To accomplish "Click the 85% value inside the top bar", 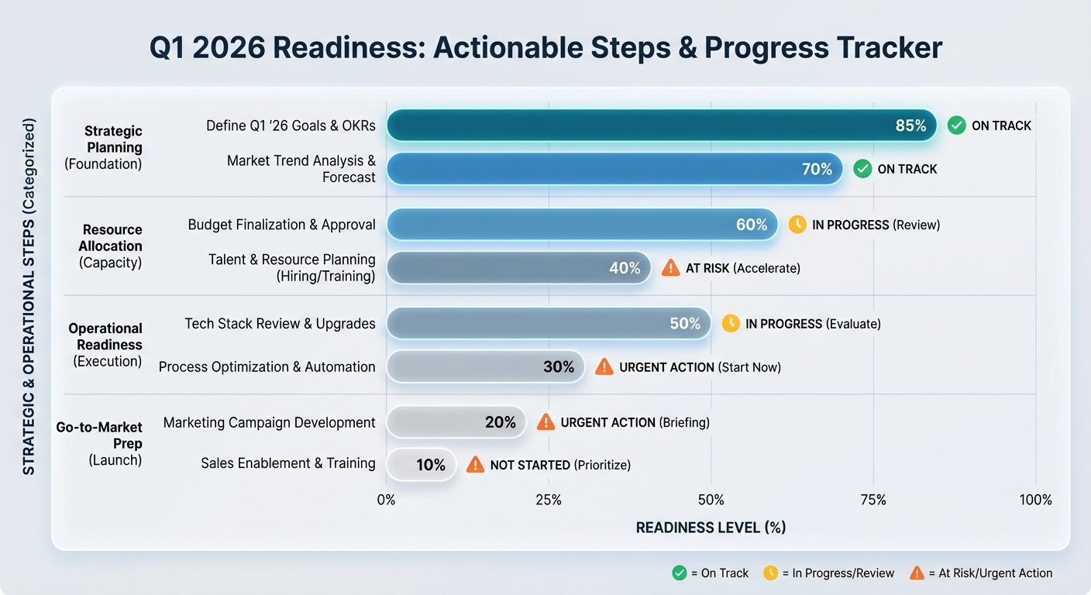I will click(910, 126).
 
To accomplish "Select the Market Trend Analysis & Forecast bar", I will click(614, 169).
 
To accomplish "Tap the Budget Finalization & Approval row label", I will click(281, 225).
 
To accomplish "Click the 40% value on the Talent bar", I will click(625, 268).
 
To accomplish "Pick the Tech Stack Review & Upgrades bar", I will click(548, 324).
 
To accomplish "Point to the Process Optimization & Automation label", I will click(267, 367).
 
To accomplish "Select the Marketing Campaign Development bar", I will click(456, 422).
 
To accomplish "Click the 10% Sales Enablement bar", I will click(421, 465).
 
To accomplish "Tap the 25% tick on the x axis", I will click(549, 500).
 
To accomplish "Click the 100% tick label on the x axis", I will click(1036, 500).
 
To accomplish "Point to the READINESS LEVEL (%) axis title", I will click(711, 528).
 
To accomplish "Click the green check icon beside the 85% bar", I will click(957, 126).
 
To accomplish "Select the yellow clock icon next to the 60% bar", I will click(797, 225).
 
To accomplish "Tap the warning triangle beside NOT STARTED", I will click(475, 465).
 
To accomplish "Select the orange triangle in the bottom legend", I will click(917, 573).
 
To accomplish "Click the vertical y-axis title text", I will click(29, 296).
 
